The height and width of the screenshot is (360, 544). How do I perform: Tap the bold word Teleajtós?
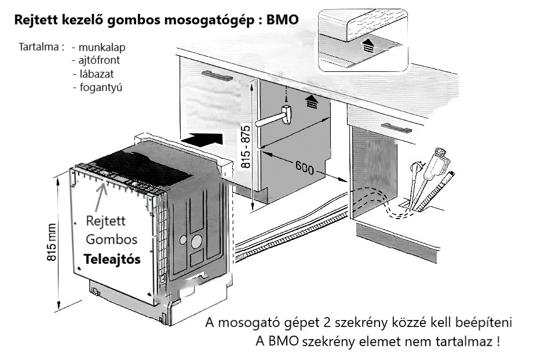click(112, 260)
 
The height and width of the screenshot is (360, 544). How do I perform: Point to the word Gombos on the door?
click(111, 239)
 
